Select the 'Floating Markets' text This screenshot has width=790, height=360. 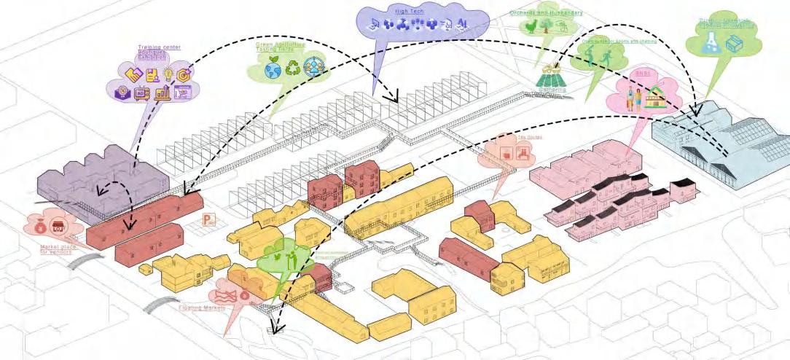click(202, 308)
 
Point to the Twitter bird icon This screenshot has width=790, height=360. click(280, 256)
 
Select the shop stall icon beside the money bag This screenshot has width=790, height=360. click(59, 225)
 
